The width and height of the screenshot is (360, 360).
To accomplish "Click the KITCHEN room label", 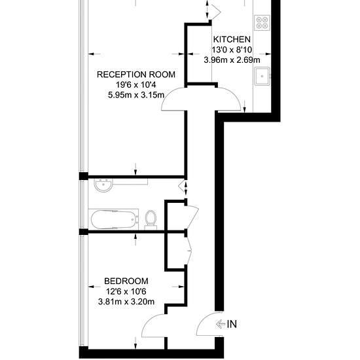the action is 232,39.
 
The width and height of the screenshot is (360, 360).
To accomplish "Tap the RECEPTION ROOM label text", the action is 136,75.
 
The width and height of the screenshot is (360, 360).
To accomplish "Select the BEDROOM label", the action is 126,281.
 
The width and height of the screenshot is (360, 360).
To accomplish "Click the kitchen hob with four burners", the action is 262,23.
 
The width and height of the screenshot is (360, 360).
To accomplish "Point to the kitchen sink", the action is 262,76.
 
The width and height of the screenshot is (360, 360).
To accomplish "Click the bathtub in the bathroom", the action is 114,219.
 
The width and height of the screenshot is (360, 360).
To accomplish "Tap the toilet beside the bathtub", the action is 151,220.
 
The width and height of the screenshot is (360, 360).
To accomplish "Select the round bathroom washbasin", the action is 104,185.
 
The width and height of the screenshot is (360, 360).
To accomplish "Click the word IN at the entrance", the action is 232,324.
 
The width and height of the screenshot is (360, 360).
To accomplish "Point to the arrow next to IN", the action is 221,324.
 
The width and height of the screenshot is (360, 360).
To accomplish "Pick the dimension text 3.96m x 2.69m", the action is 232,60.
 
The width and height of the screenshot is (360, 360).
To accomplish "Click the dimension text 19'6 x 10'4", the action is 136,85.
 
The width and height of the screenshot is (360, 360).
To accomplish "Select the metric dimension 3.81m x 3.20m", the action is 126,302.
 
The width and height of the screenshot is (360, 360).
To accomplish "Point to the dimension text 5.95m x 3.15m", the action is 136,95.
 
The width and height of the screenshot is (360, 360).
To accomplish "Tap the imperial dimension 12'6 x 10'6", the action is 126,291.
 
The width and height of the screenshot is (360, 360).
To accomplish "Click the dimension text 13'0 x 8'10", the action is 232,50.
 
